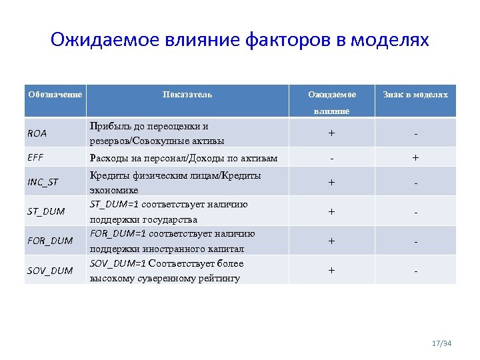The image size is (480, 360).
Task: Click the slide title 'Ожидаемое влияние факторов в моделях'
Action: tap(240, 41)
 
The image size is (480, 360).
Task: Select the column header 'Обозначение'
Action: tap(55, 95)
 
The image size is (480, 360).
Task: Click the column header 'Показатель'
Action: tap(187, 95)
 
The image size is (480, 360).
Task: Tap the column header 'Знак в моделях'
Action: tap(415, 95)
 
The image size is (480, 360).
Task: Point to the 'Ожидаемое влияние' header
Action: tap(331, 102)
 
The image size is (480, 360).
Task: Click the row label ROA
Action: tap(37, 133)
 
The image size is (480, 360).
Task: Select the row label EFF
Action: tap(35, 158)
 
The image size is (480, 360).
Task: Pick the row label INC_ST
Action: tap(43, 182)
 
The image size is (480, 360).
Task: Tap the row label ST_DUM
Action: tap(46, 211)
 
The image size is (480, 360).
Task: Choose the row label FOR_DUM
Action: tap(50, 241)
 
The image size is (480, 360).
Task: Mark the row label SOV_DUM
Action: tap(50, 270)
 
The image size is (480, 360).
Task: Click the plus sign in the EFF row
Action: tap(415, 158)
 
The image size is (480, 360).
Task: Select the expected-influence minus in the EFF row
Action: tap(331, 158)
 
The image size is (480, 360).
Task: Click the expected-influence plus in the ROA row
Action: tap(331, 133)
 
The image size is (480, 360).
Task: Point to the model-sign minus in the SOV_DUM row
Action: tap(415, 271)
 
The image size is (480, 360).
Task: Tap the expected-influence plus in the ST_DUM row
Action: tap(331, 212)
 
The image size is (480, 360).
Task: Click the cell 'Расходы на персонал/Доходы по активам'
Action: tap(183, 158)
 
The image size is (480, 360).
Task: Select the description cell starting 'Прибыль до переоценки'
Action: tap(157, 133)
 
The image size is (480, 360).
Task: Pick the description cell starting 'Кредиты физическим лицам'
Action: tap(175, 182)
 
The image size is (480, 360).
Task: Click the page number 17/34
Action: tap(441, 344)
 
